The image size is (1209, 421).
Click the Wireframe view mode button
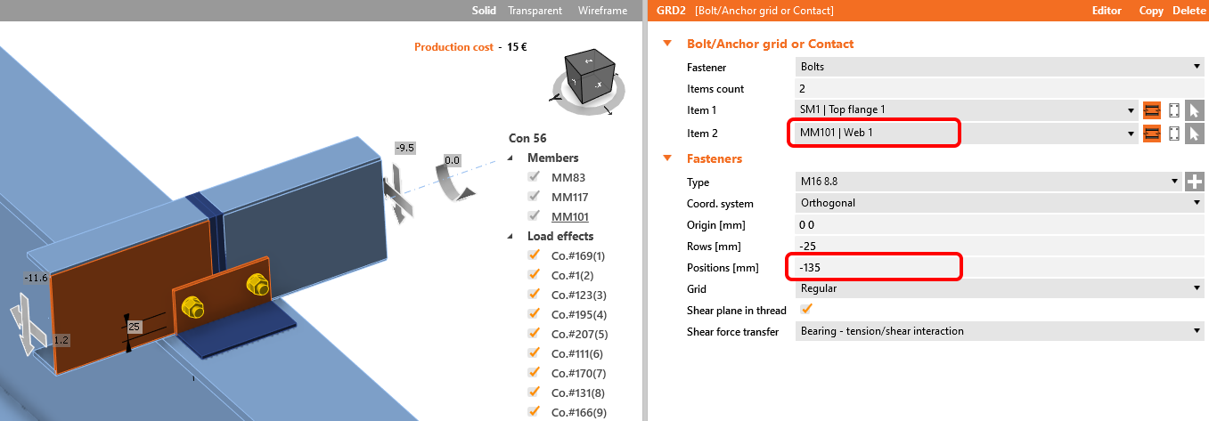tap(602, 11)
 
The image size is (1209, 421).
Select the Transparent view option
tap(535, 11)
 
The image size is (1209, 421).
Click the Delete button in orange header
tap(1189, 11)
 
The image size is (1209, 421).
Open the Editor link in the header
tap(1107, 11)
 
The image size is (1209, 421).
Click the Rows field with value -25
tap(1000, 246)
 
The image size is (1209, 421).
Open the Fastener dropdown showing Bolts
tap(1000, 67)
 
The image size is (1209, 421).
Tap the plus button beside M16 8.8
tap(1195, 182)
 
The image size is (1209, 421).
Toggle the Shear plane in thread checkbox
tap(806, 310)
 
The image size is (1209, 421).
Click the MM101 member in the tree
tap(569, 216)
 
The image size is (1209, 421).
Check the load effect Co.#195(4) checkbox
tap(535, 313)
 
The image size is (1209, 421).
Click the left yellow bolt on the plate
tap(192, 307)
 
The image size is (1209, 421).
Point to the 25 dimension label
tap(134, 327)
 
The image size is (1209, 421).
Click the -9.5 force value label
tap(404, 148)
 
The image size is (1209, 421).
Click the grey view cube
tap(590, 77)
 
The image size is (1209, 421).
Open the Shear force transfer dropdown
tap(1000, 331)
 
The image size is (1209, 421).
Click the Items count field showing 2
tap(1000, 88)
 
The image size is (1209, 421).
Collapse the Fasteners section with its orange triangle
tap(667, 158)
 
